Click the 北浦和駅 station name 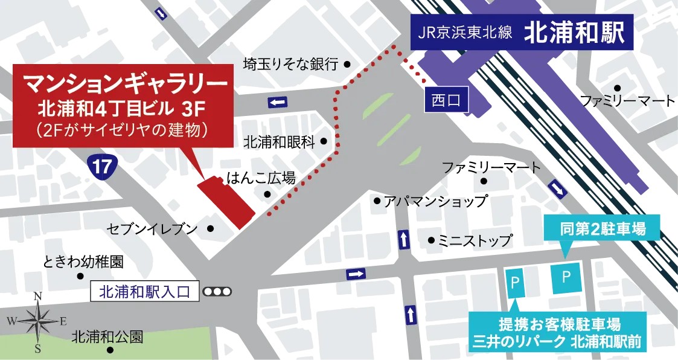[573, 33]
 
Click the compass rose [37, 321]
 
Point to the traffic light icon [217, 292]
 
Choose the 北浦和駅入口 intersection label [144, 292]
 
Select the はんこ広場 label [261, 178]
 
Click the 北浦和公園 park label [107, 336]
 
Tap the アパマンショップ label [435, 201]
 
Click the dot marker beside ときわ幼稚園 [80, 276]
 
